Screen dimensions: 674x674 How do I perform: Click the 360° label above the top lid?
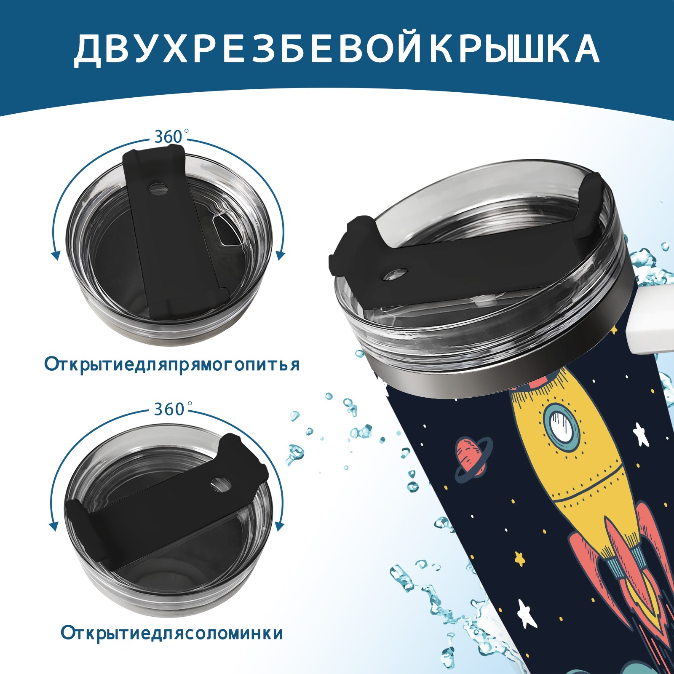click(169, 137)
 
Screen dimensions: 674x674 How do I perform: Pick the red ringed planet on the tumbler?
click(473, 458)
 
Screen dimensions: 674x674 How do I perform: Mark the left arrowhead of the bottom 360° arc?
click(54, 526)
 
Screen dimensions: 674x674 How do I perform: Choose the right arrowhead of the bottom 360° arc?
click(279, 526)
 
